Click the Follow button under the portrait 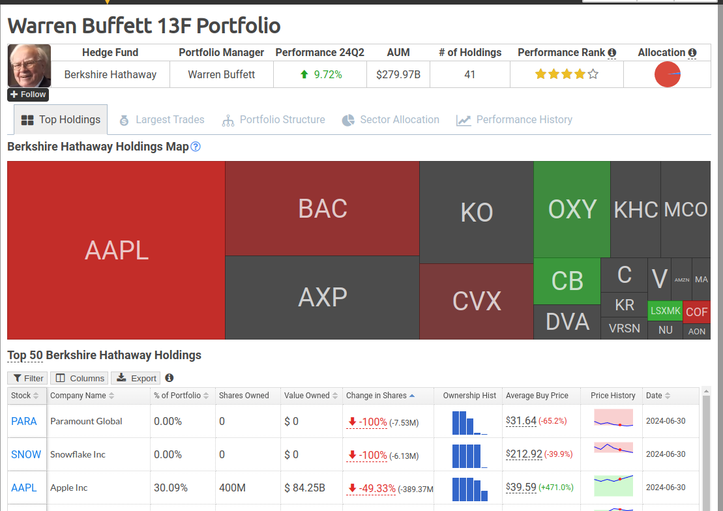[x=28, y=95]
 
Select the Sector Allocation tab [x=391, y=120]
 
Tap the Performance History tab [x=514, y=120]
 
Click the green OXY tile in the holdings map [x=572, y=209]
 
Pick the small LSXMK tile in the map [x=666, y=311]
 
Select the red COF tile [x=697, y=312]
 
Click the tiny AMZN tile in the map [x=682, y=280]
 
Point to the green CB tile [x=567, y=281]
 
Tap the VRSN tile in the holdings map [x=625, y=328]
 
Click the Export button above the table [x=136, y=378]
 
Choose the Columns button [x=80, y=378]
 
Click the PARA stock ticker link [x=24, y=421]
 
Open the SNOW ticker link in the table [x=26, y=454]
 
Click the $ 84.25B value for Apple [x=305, y=488]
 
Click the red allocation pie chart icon [x=667, y=74]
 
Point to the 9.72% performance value [x=328, y=75]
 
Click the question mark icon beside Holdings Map [x=196, y=147]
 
